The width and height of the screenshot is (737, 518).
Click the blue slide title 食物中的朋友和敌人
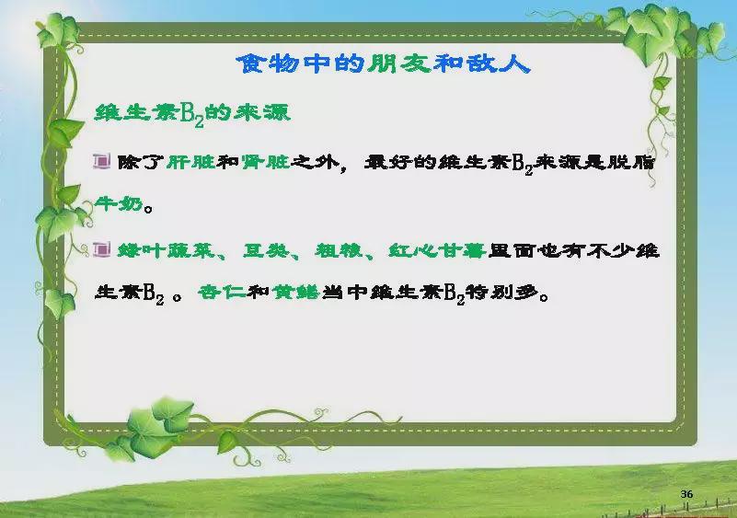(383, 63)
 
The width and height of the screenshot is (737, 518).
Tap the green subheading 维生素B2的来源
(192, 114)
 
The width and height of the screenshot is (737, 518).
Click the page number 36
(686, 494)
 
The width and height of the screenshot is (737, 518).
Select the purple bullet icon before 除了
(101, 161)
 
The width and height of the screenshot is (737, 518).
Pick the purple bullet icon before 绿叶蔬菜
(101, 249)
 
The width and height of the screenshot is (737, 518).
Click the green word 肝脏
(190, 162)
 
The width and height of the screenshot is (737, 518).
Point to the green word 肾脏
(265, 162)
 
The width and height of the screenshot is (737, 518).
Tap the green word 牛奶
(119, 203)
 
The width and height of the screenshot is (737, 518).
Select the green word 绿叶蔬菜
(166, 250)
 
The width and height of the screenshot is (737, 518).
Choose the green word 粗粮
(339, 250)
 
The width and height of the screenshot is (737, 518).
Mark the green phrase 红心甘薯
(437, 250)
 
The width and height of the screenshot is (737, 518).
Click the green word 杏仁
(222, 293)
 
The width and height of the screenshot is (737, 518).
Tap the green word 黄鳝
(295, 293)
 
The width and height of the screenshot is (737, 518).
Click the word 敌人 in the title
(498, 63)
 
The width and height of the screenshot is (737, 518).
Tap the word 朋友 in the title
(399, 63)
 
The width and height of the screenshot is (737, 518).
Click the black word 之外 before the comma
(315, 162)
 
